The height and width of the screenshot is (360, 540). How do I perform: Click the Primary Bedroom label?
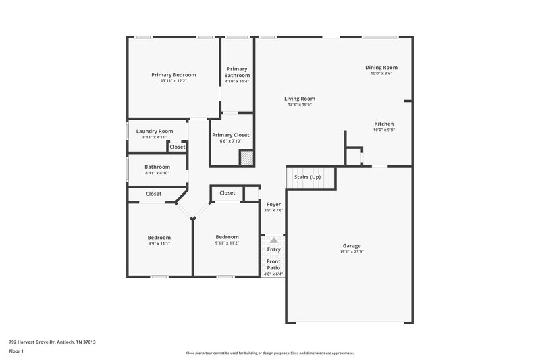173,74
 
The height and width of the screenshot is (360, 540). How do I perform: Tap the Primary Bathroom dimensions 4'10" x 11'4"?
237,82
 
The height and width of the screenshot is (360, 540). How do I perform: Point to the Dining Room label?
381,67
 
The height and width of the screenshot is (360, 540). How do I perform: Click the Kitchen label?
383,124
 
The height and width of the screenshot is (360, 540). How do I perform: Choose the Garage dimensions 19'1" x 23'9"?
350,252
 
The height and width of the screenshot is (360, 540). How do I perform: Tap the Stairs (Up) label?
306,177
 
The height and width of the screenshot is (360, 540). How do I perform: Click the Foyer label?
273,204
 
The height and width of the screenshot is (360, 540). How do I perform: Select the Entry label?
273,249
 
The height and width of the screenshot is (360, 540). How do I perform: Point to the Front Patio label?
273,264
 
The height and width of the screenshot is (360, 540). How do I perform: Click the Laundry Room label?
155,131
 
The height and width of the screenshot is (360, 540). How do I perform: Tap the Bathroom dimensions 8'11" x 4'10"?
157,173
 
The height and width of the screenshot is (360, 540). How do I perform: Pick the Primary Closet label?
231,135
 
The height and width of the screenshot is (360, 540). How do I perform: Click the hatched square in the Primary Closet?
247,157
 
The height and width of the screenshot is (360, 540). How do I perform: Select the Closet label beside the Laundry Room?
178,147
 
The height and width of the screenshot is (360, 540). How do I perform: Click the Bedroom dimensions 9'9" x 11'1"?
159,244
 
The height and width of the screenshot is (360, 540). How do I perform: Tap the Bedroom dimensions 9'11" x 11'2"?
227,243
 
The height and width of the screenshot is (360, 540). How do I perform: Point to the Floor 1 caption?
17,351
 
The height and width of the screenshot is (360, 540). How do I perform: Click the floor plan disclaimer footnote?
269,353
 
